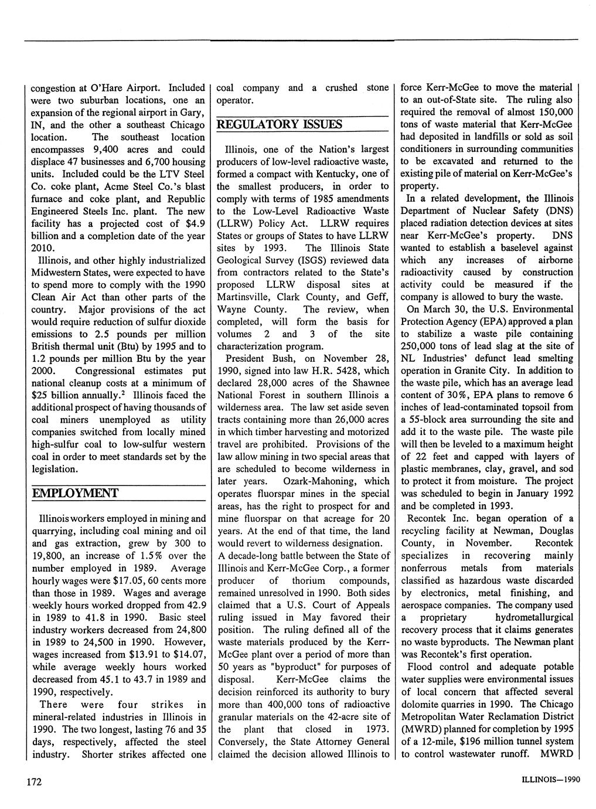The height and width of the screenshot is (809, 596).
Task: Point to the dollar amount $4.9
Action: [193, 223]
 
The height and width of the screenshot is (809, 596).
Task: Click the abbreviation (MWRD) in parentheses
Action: [420, 729]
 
